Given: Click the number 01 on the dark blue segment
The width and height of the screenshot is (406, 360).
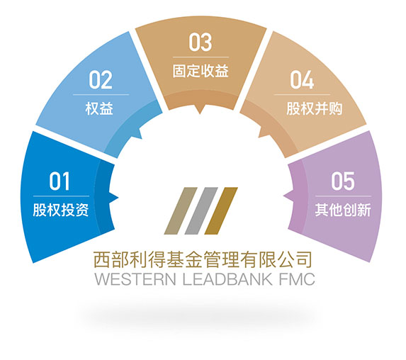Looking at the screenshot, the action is coord(60,181).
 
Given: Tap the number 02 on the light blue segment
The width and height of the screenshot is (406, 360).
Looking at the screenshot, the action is coord(101,80).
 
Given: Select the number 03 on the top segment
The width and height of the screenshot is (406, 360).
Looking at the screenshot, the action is coord(200,43).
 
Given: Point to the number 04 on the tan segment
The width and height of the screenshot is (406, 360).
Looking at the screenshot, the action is coord(302,80).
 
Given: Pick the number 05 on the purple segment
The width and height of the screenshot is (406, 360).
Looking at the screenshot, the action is coord(343,181).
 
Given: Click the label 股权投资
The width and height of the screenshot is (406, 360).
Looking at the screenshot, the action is coord(61,210).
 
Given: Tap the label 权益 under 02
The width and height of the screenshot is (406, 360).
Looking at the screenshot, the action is coord(99,108).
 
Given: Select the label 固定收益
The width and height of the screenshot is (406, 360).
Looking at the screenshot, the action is coord(201,71).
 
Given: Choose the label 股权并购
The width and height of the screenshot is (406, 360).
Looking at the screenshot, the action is coord(315,108).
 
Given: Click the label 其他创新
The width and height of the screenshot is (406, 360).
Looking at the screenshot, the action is coord(343,210).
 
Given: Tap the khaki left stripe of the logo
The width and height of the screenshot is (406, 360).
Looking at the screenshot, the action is coord(181,210).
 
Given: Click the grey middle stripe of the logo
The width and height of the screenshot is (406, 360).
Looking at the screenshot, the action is coord(201,210).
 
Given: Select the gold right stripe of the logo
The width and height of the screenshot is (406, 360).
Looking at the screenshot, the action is coord(221,210).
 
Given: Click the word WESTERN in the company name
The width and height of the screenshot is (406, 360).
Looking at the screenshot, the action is coord(135,279).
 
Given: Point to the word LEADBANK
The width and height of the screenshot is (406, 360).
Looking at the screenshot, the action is coord(227,279).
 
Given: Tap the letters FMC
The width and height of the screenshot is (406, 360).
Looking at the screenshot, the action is coord(298,279).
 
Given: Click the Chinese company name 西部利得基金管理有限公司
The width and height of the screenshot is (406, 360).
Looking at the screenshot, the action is coord(203,259).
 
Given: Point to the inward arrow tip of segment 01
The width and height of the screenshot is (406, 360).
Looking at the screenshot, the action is coord(118,198).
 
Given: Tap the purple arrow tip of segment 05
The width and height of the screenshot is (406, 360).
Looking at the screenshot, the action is coord(284,196).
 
